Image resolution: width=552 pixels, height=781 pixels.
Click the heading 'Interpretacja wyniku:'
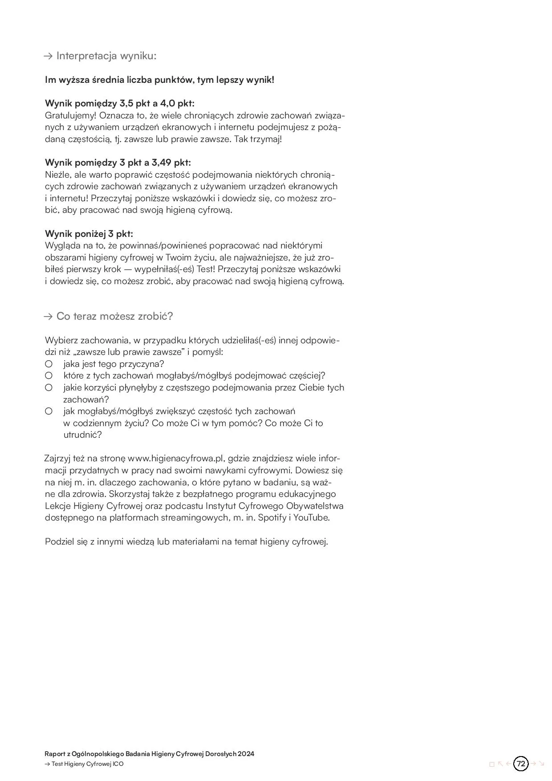[x=106, y=56]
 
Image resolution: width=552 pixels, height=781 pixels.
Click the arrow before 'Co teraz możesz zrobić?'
[x=48, y=317]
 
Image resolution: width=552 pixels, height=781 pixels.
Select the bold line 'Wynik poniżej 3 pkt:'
[x=89, y=234]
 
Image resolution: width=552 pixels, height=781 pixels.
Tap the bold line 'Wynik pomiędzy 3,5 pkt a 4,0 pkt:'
[x=120, y=103]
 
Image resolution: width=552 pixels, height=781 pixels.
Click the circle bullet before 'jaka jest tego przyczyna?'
[x=49, y=364]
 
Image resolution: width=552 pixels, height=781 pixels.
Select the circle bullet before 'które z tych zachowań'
[x=49, y=376]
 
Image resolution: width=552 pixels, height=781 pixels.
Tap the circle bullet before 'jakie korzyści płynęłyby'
[x=49, y=388]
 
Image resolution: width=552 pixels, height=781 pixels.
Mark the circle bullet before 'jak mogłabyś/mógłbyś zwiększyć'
[x=49, y=411]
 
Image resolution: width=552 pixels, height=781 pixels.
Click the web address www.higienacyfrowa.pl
[x=175, y=459]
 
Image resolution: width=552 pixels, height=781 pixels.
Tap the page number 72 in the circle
[x=521, y=764]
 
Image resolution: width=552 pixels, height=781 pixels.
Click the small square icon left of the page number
[x=492, y=765]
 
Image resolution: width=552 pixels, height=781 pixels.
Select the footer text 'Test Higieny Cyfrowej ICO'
[x=88, y=764]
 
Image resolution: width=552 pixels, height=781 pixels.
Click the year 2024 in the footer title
[x=246, y=754]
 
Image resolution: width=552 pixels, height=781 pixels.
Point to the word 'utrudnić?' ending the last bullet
[x=82, y=435]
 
